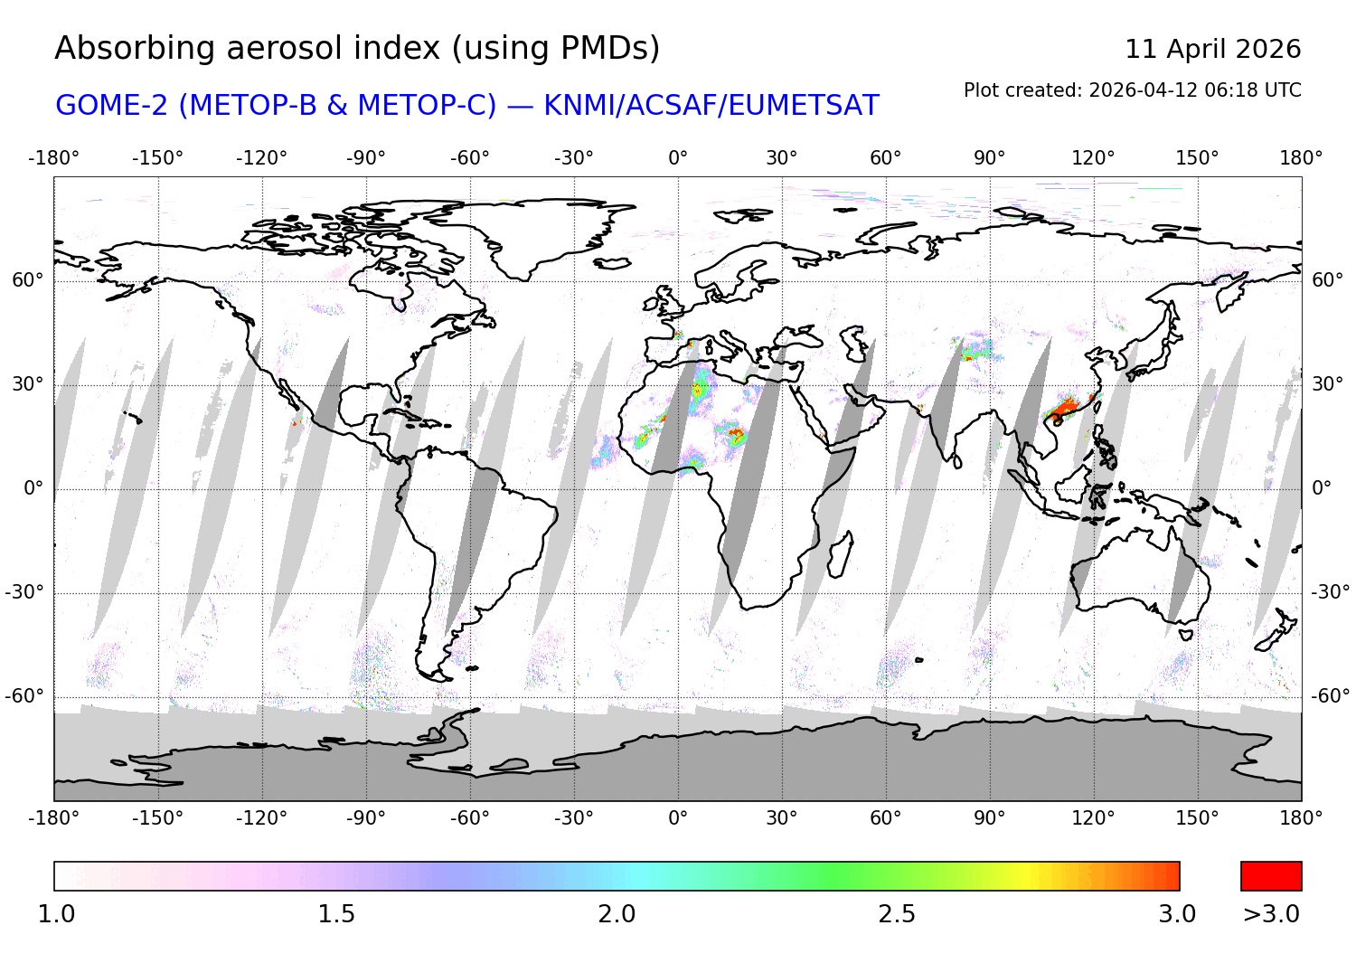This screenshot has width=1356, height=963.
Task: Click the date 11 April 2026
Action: pos(1212,49)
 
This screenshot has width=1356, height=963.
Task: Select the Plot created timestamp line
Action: pos(1132,90)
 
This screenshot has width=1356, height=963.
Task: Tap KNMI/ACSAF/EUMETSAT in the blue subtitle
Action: pos(711,106)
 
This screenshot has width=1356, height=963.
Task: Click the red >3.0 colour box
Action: pos(1271,876)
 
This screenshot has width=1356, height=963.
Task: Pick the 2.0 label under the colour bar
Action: pos(617,914)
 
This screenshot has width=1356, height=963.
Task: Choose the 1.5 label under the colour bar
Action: pos(336,914)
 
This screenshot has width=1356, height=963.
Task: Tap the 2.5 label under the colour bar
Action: pos(897,914)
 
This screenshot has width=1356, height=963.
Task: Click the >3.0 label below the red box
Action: pos(1271,914)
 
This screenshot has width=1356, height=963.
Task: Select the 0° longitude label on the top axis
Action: pos(678,158)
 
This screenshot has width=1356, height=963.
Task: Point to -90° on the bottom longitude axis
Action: pos(365,818)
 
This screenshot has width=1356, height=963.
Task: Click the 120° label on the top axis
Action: pos(1093,158)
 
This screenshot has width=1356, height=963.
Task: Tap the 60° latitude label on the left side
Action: pos(27,280)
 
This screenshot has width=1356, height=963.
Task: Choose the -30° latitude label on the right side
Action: pos(1331,592)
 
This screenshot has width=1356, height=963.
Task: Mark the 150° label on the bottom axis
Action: pos(1197,818)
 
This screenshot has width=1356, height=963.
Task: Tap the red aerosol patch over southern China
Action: pos(1065,409)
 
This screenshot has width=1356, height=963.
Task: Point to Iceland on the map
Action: pos(612,263)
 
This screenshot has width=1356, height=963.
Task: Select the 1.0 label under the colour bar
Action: pos(56,914)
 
